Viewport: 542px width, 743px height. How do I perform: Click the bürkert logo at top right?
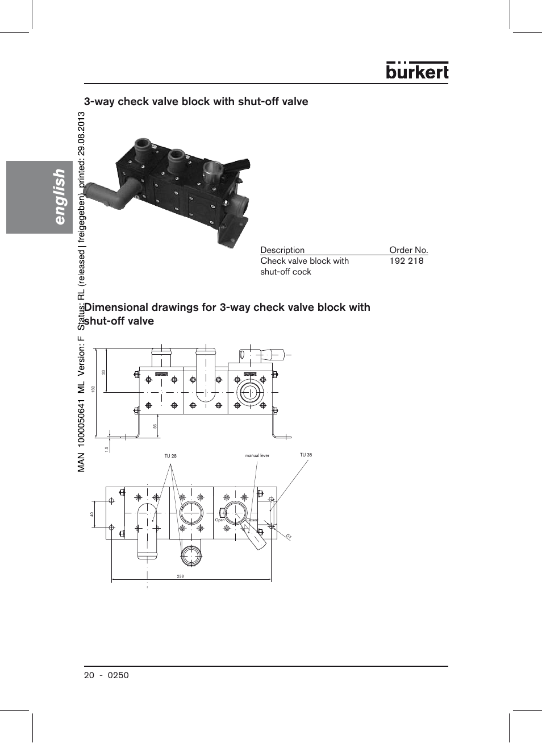[417, 70]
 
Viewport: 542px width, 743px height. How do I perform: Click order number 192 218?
[406, 261]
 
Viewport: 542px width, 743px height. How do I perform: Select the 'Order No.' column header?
[408, 250]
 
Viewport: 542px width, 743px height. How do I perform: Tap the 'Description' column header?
[282, 250]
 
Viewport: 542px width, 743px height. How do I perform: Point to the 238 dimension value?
[180, 576]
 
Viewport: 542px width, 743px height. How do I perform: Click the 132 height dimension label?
[93, 389]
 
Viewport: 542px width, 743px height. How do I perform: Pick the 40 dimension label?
[91, 514]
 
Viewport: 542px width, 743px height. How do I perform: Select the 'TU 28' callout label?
[170, 456]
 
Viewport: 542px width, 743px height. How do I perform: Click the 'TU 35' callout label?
[306, 455]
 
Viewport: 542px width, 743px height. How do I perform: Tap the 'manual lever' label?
[257, 455]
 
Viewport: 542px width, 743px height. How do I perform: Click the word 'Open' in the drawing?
[219, 520]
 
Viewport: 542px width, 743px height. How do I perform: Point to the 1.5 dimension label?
[106, 449]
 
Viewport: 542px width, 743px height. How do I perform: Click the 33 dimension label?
[103, 372]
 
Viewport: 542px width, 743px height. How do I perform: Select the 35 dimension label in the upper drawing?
[155, 426]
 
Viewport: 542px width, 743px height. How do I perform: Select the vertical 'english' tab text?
[59, 196]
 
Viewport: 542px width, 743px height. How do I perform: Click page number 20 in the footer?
[89, 675]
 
